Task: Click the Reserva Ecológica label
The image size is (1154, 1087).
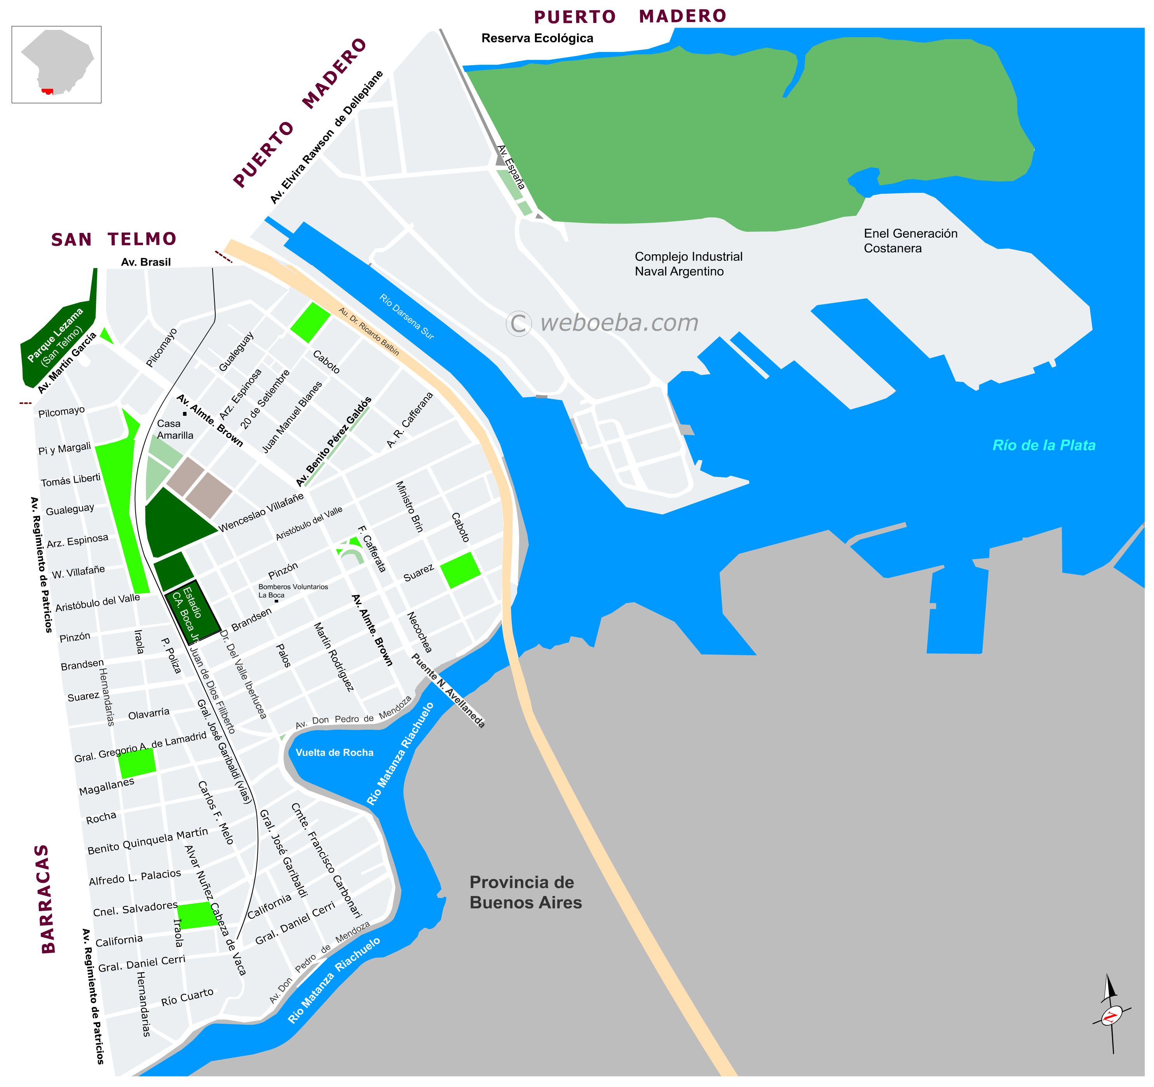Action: (537, 38)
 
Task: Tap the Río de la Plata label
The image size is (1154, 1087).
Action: (1044, 445)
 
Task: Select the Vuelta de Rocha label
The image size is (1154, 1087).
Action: (335, 753)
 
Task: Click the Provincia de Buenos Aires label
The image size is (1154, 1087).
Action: (525, 892)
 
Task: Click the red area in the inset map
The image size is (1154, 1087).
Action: (48, 91)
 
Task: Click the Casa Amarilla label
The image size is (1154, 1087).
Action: (175, 429)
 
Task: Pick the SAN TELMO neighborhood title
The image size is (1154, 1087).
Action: (114, 239)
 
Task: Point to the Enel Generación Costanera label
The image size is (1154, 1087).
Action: (910, 241)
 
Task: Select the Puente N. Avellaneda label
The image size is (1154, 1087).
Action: (448, 690)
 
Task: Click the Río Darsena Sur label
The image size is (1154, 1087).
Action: (406, 316)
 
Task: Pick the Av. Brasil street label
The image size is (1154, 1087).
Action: (146, 262)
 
